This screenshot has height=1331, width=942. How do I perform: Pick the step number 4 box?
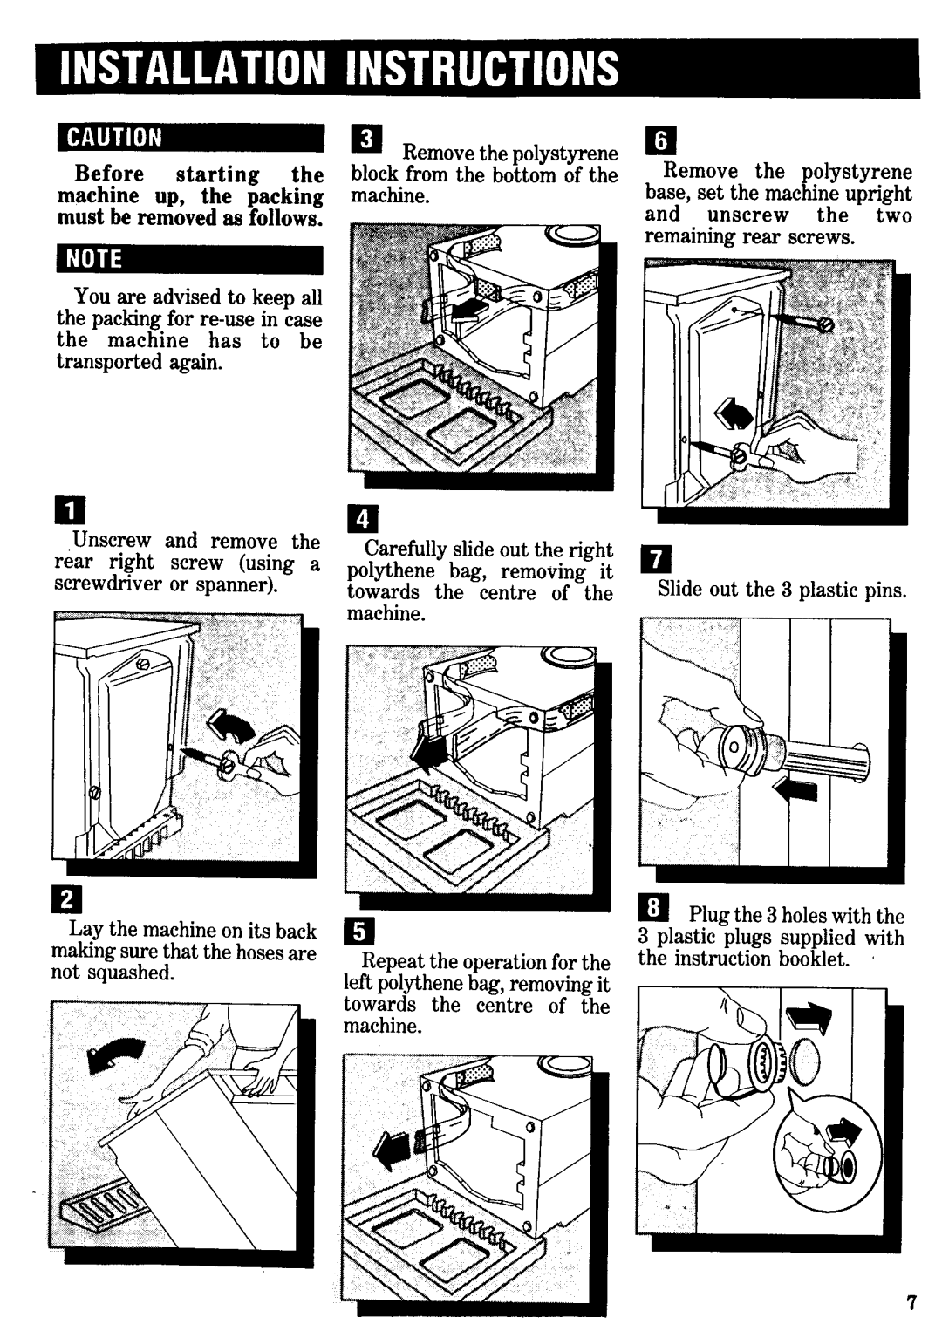pos(361,522)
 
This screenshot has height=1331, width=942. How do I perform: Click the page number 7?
pos(911,1304)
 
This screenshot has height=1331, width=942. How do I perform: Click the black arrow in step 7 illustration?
pos(796,791)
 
